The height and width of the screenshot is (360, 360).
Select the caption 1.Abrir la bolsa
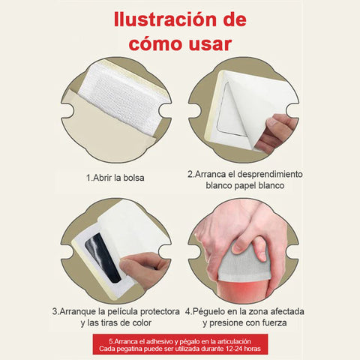point(115,178)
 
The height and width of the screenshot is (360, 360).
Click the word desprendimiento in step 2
point(270,174)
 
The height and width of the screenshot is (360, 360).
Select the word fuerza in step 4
point(274,322)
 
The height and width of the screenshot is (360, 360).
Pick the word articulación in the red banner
point(234,341)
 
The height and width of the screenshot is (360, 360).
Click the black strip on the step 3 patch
point(103,257)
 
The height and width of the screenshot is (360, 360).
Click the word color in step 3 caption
point(142,322)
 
